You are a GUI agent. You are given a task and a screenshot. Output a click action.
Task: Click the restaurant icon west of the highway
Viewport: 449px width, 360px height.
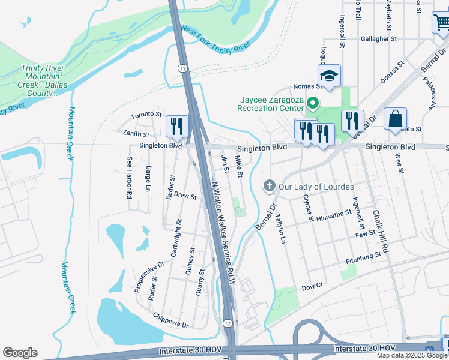tap(177, 125)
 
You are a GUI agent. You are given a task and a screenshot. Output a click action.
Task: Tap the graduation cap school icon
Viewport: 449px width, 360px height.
tap(329, 76)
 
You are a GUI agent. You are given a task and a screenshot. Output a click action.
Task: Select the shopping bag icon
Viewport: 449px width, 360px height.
tap(396, 119)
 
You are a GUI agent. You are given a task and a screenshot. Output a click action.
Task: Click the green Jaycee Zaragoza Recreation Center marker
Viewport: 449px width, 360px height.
tap(312, 104)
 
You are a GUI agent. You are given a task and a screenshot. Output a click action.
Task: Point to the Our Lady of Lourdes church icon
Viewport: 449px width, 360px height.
tap(270, 186)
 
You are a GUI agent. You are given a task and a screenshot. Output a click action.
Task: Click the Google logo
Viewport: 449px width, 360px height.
tap(20, 353)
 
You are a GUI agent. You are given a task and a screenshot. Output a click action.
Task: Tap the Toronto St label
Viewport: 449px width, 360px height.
tap(147, 114)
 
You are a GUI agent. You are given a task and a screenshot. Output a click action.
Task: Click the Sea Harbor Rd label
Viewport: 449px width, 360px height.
tap(129, 178)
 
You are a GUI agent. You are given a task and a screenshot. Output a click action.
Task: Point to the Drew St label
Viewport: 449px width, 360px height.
tap(185, 196)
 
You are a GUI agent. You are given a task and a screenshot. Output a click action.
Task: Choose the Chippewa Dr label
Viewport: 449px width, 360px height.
tap(170, 320)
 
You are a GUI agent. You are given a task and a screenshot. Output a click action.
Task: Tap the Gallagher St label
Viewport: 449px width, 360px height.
tap(379, 38)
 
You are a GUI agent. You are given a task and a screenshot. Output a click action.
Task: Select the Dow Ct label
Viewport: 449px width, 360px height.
tap(312, 287)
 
